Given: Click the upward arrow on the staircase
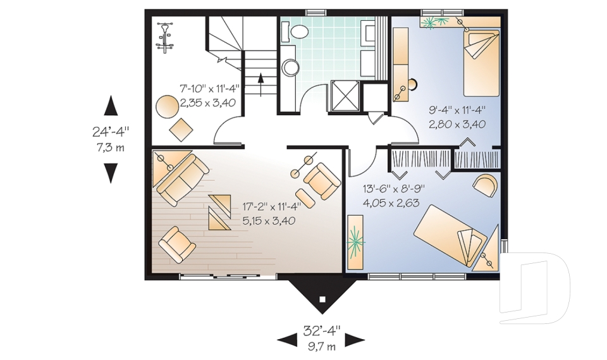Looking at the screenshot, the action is point(261,84).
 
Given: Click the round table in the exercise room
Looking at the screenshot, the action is point(167,106).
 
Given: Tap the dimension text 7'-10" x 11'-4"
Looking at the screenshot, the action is point(209,89).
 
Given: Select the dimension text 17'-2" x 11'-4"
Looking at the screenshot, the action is point(272,206).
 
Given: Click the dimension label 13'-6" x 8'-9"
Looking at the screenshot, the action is point(394,189).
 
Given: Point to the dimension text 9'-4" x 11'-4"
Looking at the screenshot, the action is point(457,111).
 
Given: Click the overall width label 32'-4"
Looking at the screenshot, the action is point(321,330).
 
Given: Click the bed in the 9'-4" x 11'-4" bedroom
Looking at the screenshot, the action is point(482,63).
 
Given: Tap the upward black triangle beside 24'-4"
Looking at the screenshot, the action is point(111,106).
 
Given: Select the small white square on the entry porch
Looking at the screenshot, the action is point(322,299).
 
